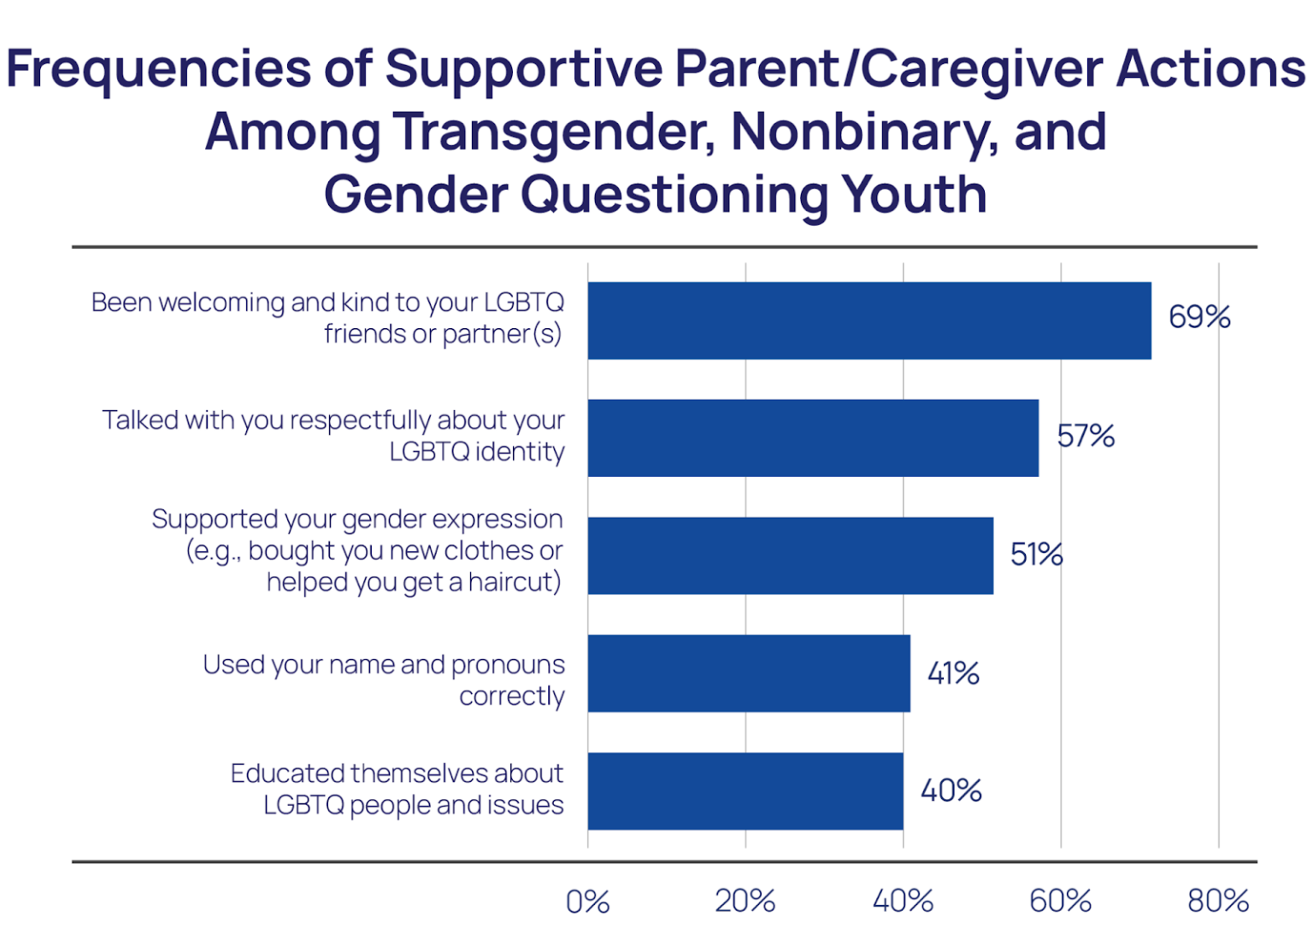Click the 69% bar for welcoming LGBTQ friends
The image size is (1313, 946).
tap(868, 320)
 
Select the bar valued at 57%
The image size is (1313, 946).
tap(812, 438)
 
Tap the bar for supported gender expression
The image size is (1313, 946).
tap(790, 555)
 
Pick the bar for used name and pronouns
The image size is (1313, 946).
tap(748, 673)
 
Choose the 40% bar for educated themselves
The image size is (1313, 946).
tap(745, 790)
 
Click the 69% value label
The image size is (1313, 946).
tap(1198, 317)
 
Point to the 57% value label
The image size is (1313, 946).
tap(1085, 436)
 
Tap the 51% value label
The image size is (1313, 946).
tap(1036, 555)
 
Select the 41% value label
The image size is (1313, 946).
tap(953, 673)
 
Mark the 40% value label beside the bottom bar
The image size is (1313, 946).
tap(951, 790)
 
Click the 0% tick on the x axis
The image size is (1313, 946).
tap(588, 902)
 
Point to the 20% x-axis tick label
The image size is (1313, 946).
tap(745, 902)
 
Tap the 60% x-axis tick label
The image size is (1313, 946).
tap(1060, 902)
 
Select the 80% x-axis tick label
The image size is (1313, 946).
tap(1217, 902)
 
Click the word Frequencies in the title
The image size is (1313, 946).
tap(158, 70)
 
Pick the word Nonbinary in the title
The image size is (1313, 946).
tap(863, 132)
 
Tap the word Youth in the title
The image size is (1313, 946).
tap(914, 195)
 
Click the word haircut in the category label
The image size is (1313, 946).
tap(514, 583)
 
